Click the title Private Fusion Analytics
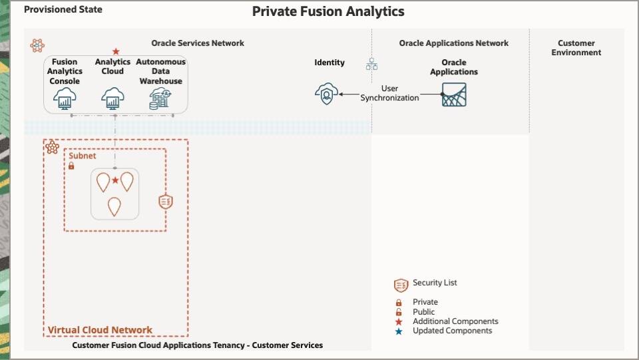[328, 11]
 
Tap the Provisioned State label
[63, 10]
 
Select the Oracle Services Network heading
[198, 43]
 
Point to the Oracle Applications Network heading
[453, 43]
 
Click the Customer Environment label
[576, 48]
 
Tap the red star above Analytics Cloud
[116, 52]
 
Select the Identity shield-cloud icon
[326, 94]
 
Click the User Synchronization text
[390, 93]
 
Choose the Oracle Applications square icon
[454, 94]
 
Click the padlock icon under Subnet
[71, 166]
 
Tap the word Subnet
[83, 156]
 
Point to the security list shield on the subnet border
[166, 202]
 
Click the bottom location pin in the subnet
[114, 206]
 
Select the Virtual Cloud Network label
[100, 330]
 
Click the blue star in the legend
[399, 331]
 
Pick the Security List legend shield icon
[401, 285]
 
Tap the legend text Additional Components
[455, 321]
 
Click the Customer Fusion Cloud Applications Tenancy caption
[197, 345]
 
